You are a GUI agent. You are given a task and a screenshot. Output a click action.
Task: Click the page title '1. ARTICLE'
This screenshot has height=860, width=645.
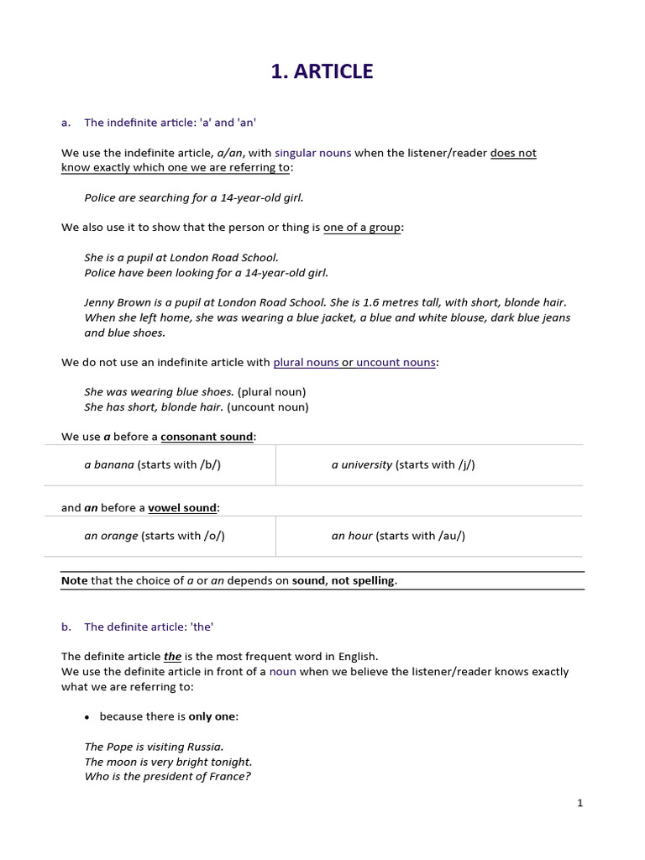pos(322,72)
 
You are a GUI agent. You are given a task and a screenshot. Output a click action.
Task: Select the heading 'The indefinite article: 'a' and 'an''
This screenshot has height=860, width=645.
pos(170,123)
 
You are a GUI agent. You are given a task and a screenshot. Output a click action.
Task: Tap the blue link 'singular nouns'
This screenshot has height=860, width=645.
pos(312,153)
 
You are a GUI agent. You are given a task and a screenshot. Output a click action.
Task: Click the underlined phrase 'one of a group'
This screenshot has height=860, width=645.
pos(362,228)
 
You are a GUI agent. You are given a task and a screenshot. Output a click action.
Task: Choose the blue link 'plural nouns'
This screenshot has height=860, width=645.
pos(306,362)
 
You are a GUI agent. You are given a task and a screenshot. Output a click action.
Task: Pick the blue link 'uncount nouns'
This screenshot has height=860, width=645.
pos(396,362)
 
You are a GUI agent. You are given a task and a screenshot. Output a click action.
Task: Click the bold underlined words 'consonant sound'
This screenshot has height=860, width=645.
pos(207,437)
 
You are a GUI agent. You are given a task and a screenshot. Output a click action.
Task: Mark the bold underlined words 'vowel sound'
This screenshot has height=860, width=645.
pos(182,507)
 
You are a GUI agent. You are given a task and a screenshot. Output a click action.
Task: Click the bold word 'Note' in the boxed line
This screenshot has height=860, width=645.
pos(74,580)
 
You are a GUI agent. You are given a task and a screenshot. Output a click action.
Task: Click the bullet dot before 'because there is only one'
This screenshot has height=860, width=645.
pos(87,717)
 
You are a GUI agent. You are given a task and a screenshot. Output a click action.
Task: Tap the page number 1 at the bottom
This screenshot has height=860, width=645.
pos(579,803)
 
